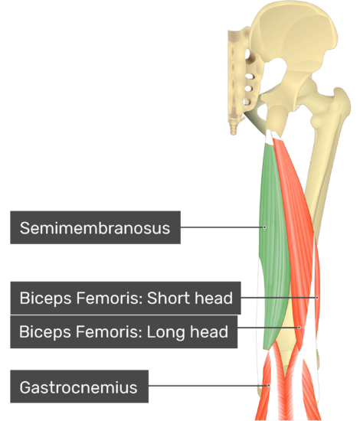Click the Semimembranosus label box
pos(96,227)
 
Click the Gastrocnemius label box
pos(79,386)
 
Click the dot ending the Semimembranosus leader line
pos(264,227)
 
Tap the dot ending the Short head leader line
pos(317,298)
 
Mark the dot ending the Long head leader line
pos(299,328)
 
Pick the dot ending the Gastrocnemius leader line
pos(268,386)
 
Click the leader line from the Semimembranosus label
pos(222,227)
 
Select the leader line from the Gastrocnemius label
pos(208,386)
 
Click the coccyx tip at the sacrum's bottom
pos(234,132)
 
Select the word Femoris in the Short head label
pos(110,298)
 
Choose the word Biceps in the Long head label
pos(45,332)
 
